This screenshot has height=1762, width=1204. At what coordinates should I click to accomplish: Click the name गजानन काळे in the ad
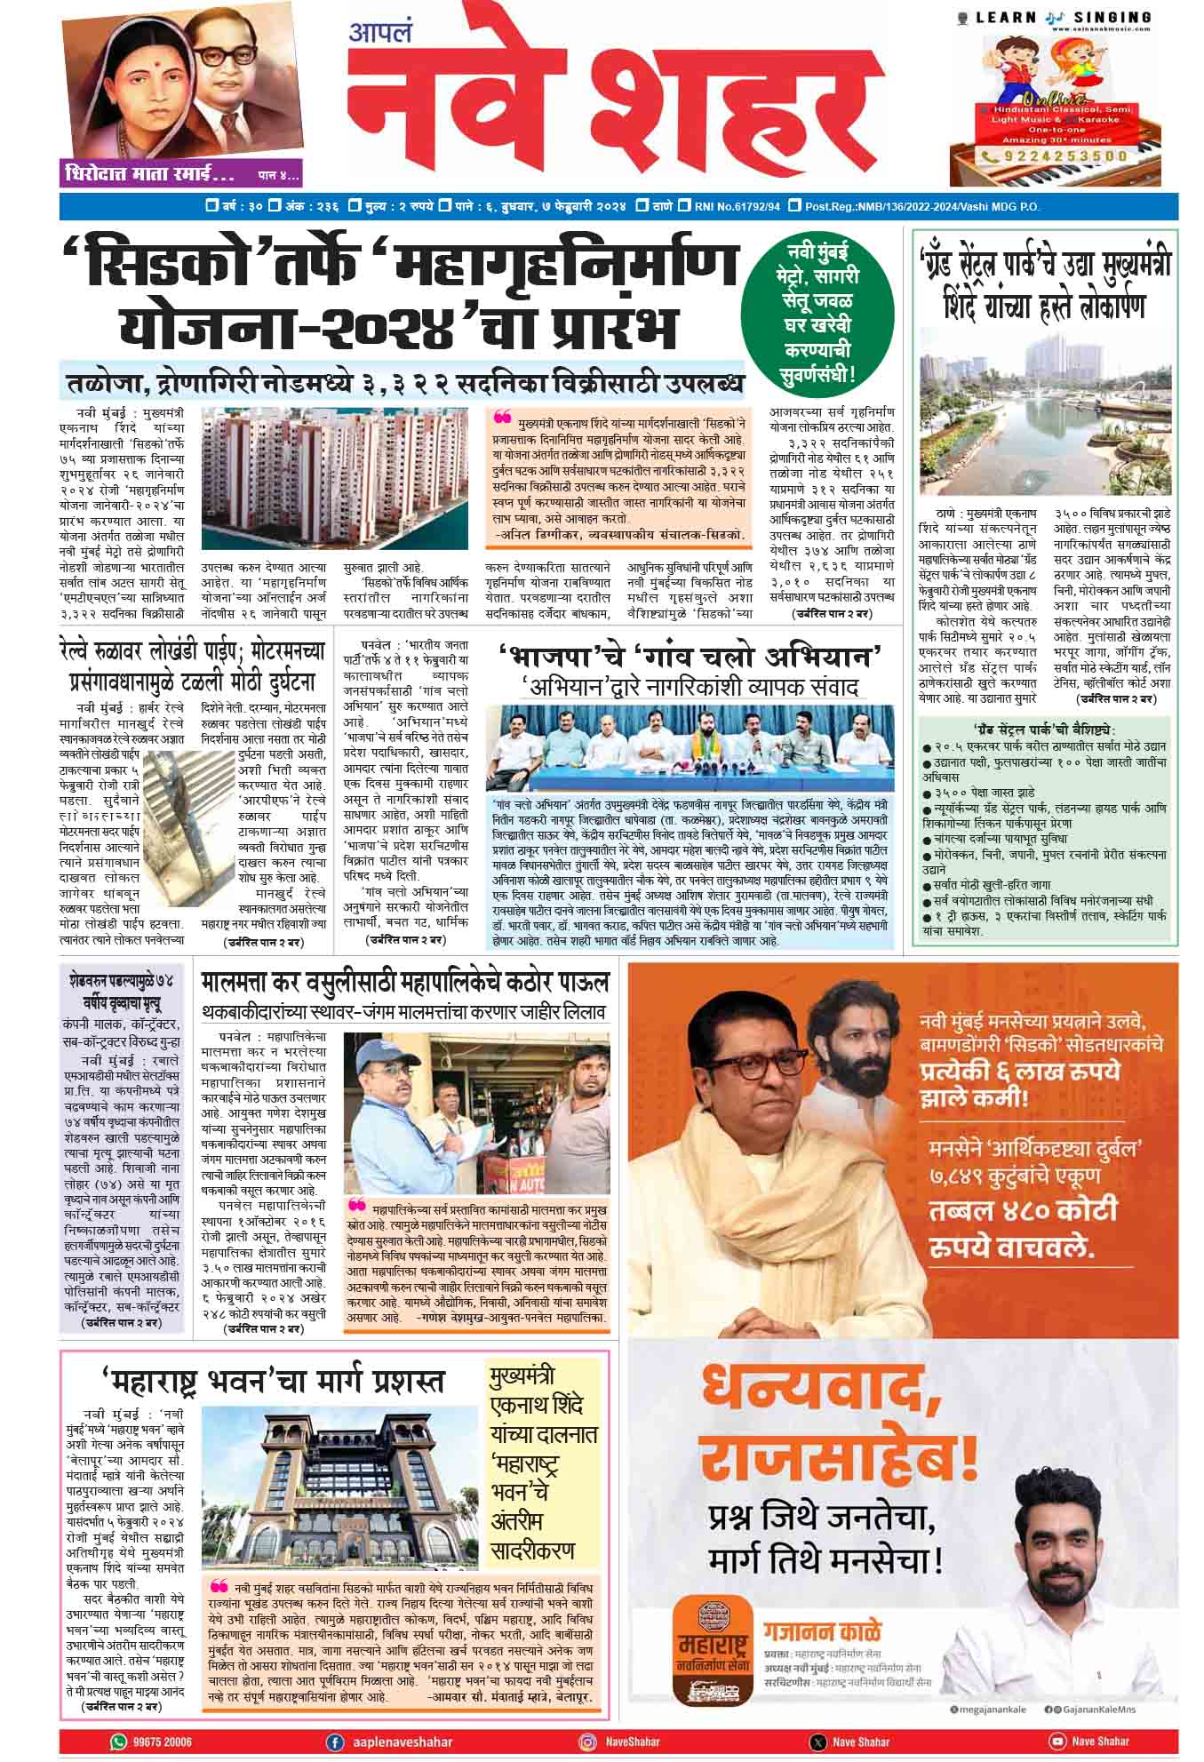coord(836,1630)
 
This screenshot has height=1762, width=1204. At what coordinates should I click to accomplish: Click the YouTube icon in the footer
coord(1056,1717)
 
